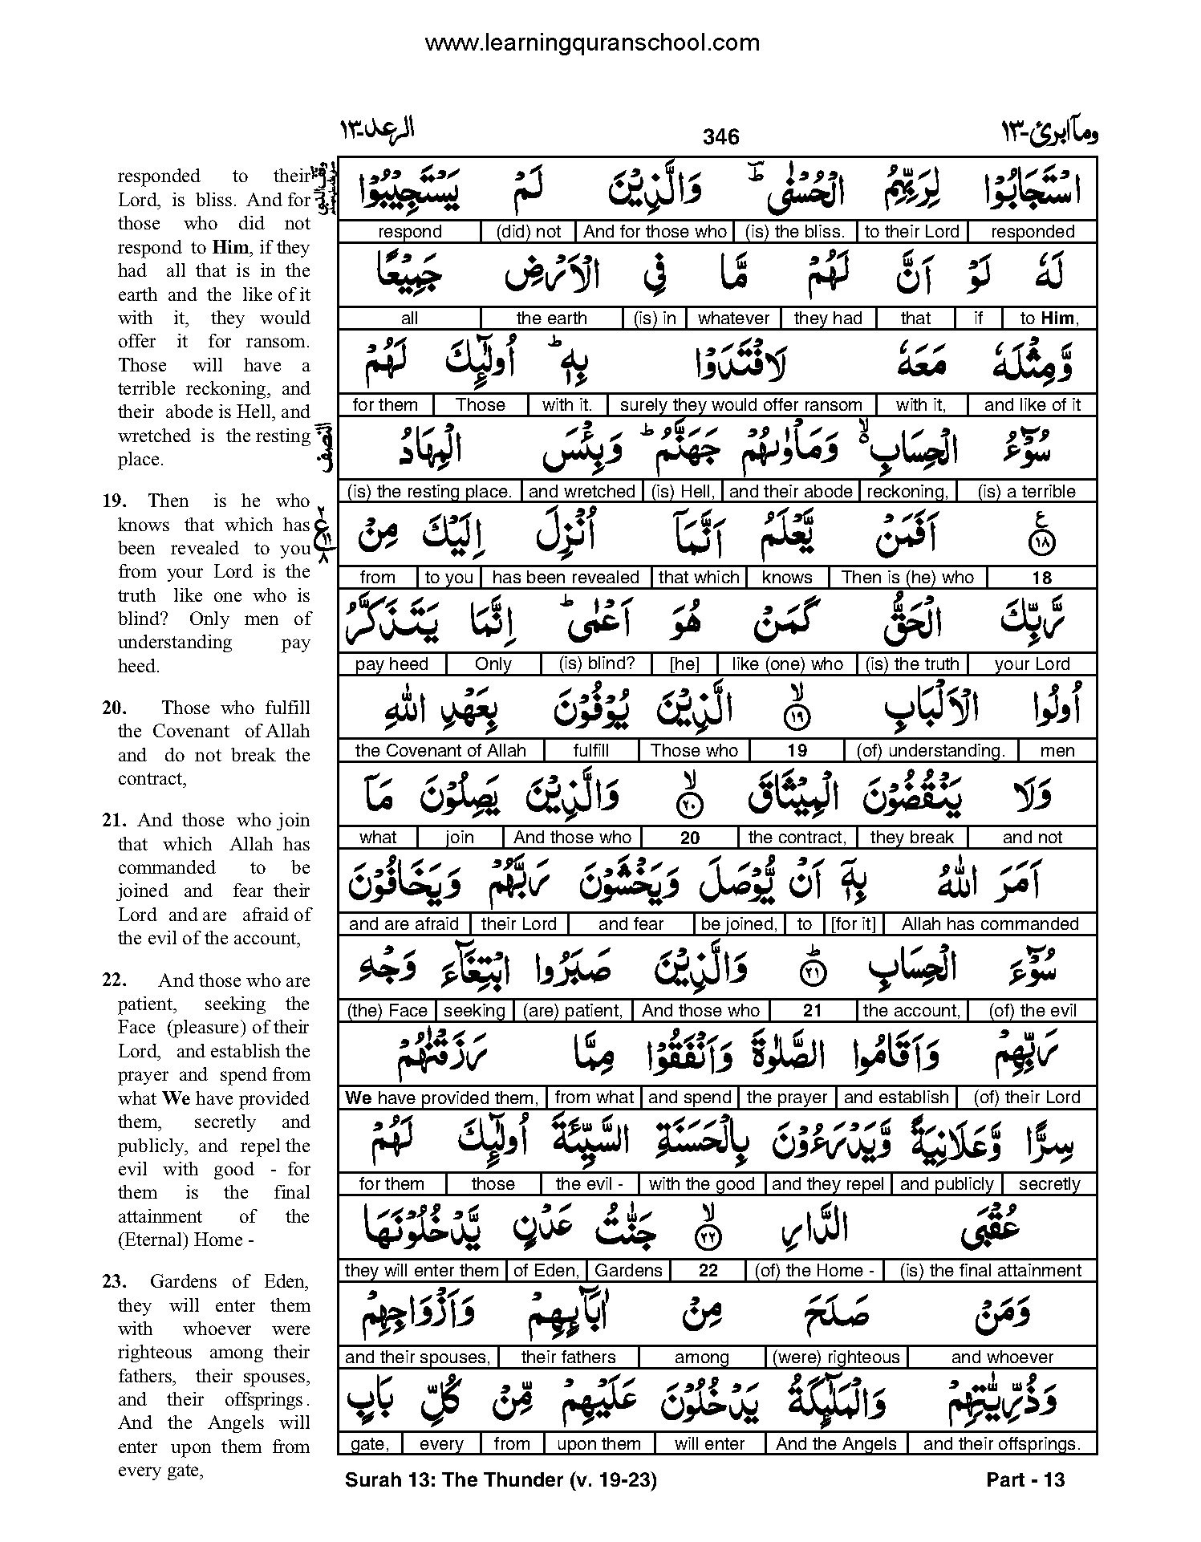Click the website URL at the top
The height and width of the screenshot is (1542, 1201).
[592, 43]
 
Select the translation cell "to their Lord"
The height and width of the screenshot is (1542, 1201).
[911, 232]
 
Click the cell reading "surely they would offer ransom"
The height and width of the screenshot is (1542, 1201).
[740, 405]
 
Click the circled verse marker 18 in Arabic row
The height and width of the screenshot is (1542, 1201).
[1041, 545]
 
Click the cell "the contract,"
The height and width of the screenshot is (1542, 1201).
[797, 838]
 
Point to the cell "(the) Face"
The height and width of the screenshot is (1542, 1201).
[387, 1011]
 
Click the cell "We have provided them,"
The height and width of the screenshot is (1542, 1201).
[441, 1098]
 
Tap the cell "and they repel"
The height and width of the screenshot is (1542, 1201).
[827, 1184]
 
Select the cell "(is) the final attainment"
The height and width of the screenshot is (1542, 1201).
[990, 1271]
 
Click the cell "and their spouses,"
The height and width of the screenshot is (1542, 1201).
[417, 1357]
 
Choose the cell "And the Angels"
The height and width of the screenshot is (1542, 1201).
[836, 1444]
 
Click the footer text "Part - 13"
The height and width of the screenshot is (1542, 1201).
[1025, 1479]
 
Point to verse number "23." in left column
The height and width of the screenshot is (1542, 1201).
[116, 1281]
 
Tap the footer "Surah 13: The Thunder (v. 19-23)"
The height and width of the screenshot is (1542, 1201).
[501, 1479]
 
